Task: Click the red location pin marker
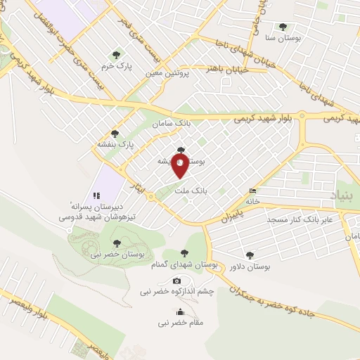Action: [180, 165]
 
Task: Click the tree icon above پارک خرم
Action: [116, 54]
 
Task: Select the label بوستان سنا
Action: [283, 39]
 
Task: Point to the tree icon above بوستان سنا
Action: [283, 27]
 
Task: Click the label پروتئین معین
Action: [169, 72]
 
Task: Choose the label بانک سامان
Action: [172, 124]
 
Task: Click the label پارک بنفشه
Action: [115, 144]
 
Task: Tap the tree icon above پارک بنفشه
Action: [115, 133]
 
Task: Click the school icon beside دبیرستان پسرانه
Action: [96, 195]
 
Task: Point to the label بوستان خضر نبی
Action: [117, 254]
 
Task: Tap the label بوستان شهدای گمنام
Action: [184, 264]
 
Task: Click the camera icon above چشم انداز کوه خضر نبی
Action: [176, 281]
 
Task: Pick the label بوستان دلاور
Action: [250, 266]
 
